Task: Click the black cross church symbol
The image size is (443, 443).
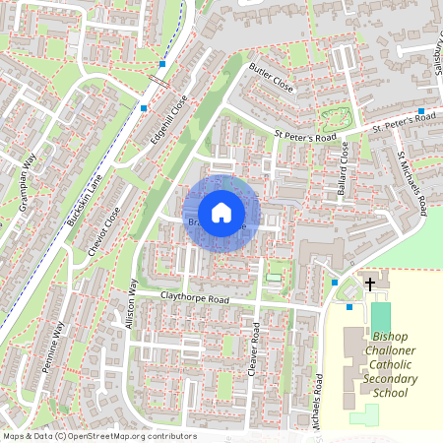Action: [370, 285]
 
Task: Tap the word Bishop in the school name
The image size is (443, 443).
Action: [370, 337]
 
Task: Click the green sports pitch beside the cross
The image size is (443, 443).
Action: [380, 317]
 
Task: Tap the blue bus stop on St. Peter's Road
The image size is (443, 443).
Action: [420, 111]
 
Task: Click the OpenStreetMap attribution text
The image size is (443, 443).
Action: [98, 436]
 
